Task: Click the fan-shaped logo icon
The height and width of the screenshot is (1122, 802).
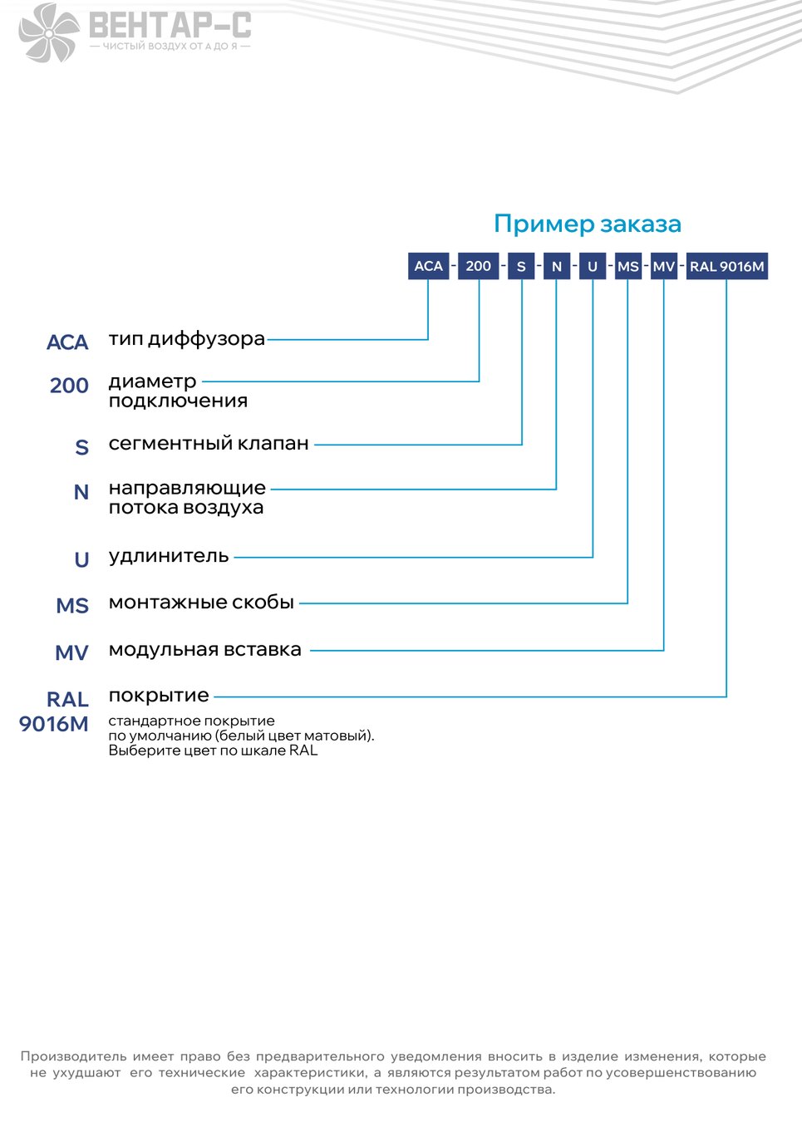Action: click(48, 32)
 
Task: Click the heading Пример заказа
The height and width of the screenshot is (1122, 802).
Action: click(587, 224)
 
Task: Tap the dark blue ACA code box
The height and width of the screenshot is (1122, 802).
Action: click(428, 266)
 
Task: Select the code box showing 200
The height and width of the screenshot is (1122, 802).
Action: click(479, 266)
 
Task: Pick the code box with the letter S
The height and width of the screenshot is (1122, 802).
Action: click(521, 266)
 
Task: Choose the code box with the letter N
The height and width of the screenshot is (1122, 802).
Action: click(557, 266)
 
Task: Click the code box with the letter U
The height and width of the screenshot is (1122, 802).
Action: click(593, 266)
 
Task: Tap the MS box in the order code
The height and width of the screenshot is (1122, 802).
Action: click(628, 266)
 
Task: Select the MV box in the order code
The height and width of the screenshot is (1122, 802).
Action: click(664, 266)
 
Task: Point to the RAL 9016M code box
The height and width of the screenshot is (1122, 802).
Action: click(727, 266)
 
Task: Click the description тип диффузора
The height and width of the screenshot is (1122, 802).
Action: click(186, 340)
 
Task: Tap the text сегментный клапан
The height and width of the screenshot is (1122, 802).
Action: click(209, 443)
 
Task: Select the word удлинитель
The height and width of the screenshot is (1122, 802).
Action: click(169, 556)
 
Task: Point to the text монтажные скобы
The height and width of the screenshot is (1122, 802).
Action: click(201, 602)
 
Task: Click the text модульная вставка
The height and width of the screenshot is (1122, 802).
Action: click(205, 650)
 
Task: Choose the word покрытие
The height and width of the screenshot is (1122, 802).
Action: click(159, 696)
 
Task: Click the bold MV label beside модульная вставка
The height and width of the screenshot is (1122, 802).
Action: click(71, 652)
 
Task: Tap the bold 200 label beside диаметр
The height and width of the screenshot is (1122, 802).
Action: click(69, 386)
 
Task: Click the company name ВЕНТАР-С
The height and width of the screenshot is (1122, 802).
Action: click(170, 25)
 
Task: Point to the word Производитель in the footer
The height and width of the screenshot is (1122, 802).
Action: click(73, 1056)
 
